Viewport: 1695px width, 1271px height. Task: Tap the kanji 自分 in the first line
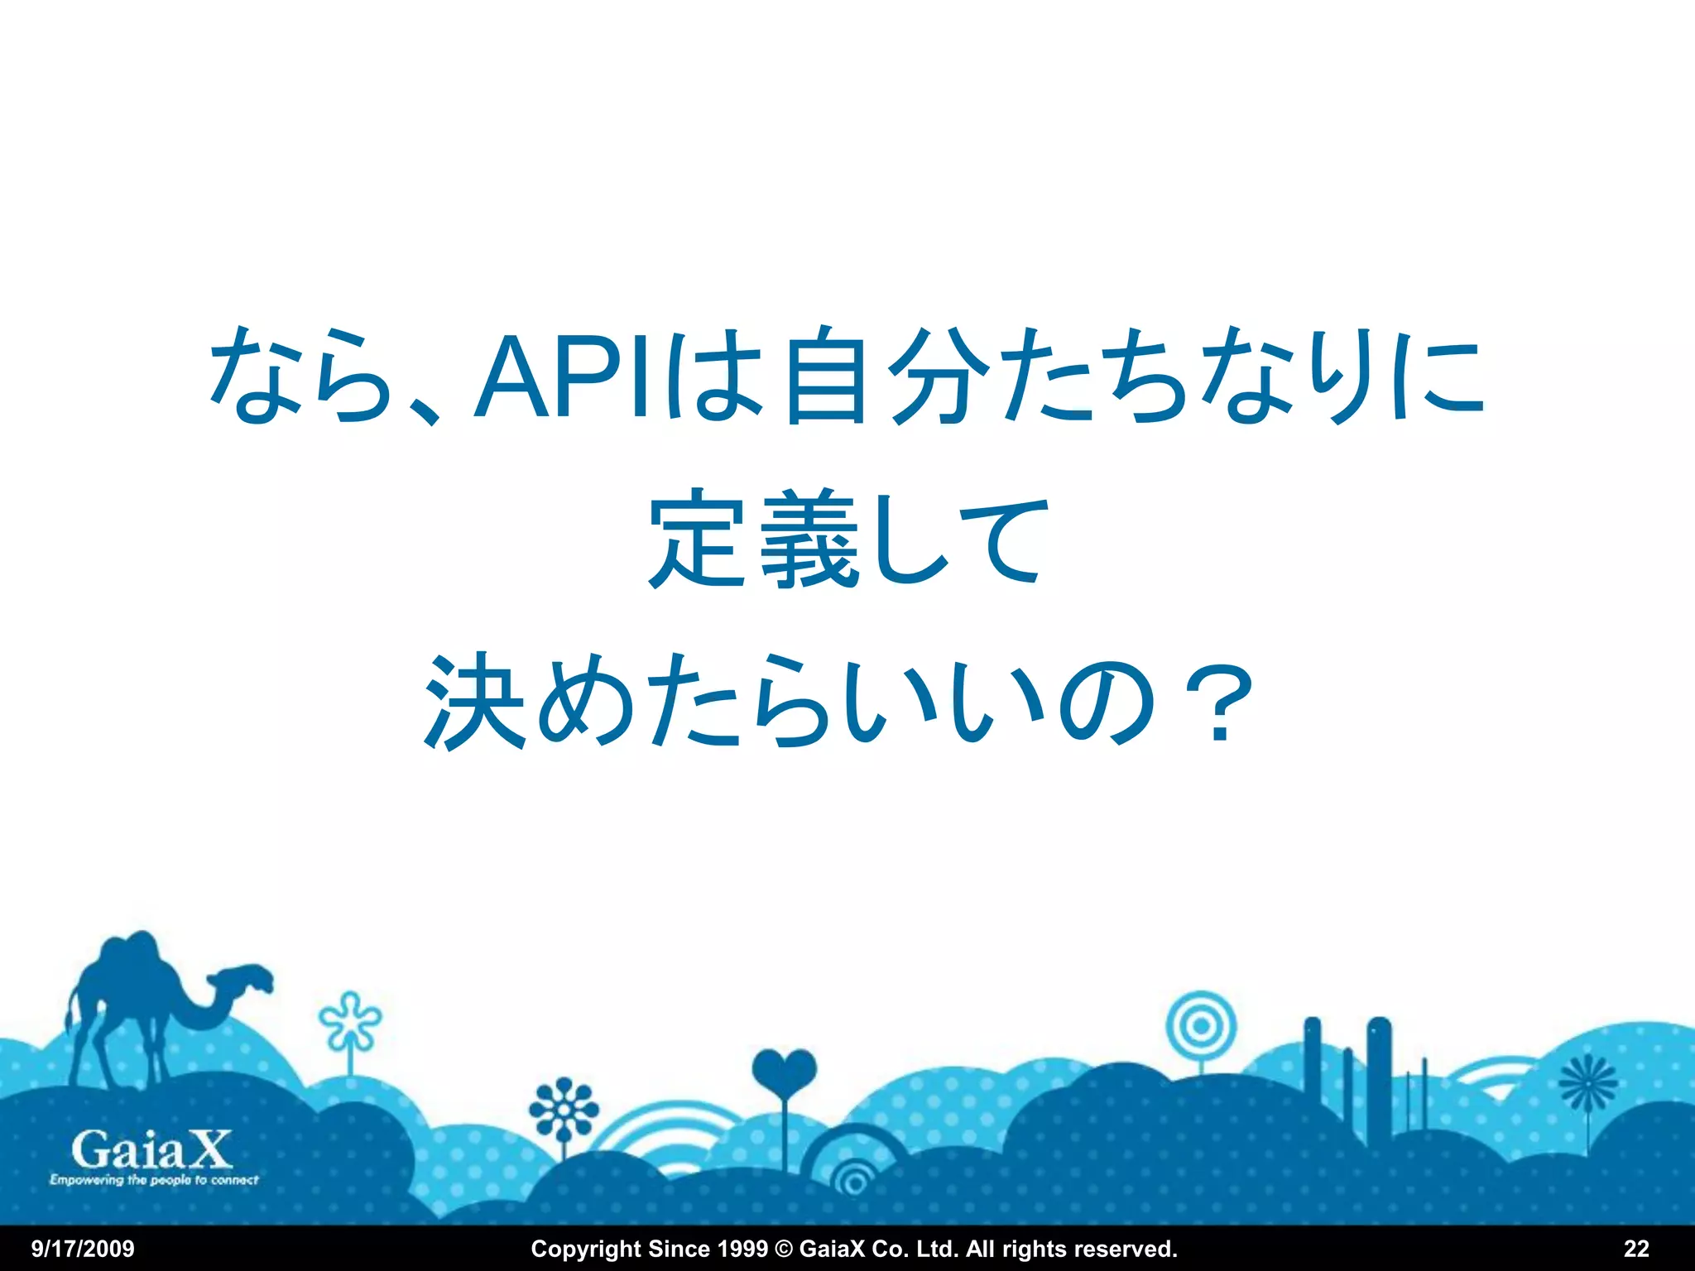click(886, 376)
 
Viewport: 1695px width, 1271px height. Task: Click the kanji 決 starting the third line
click(475, 702)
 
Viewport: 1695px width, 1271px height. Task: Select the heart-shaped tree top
click(784, 1071)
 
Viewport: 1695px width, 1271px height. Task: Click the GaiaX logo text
click(151, 1149)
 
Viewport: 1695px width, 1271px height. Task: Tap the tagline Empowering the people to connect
click(154, 1180)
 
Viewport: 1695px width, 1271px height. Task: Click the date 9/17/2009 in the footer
click(83, 1249)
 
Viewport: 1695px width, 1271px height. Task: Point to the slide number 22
click(1636, 1249)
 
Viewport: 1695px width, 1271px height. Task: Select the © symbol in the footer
click(783, 1249)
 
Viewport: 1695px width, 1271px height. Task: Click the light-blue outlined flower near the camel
click(351, 1020)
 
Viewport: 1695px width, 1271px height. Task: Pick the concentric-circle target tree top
click(1201, 1027)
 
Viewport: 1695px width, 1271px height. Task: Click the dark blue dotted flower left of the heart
click(564, 1107)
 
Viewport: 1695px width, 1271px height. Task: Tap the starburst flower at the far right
click(1587, 1083)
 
